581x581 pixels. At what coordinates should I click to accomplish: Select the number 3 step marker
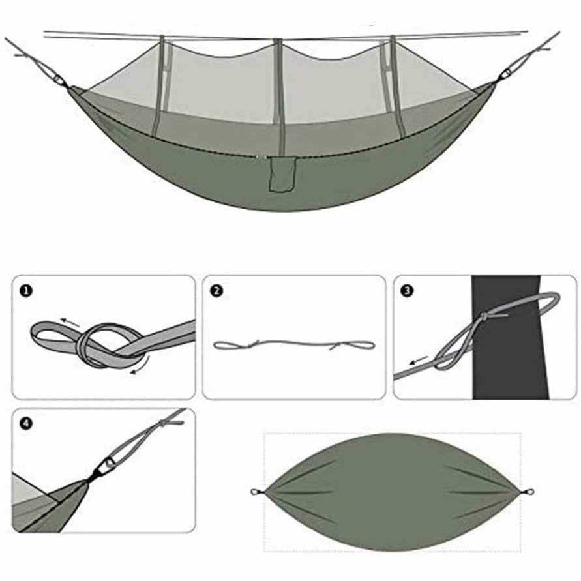pos(408,291)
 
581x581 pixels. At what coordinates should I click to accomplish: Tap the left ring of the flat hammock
pos(256,492)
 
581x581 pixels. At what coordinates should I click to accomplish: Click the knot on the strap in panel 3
pos(484,316)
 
